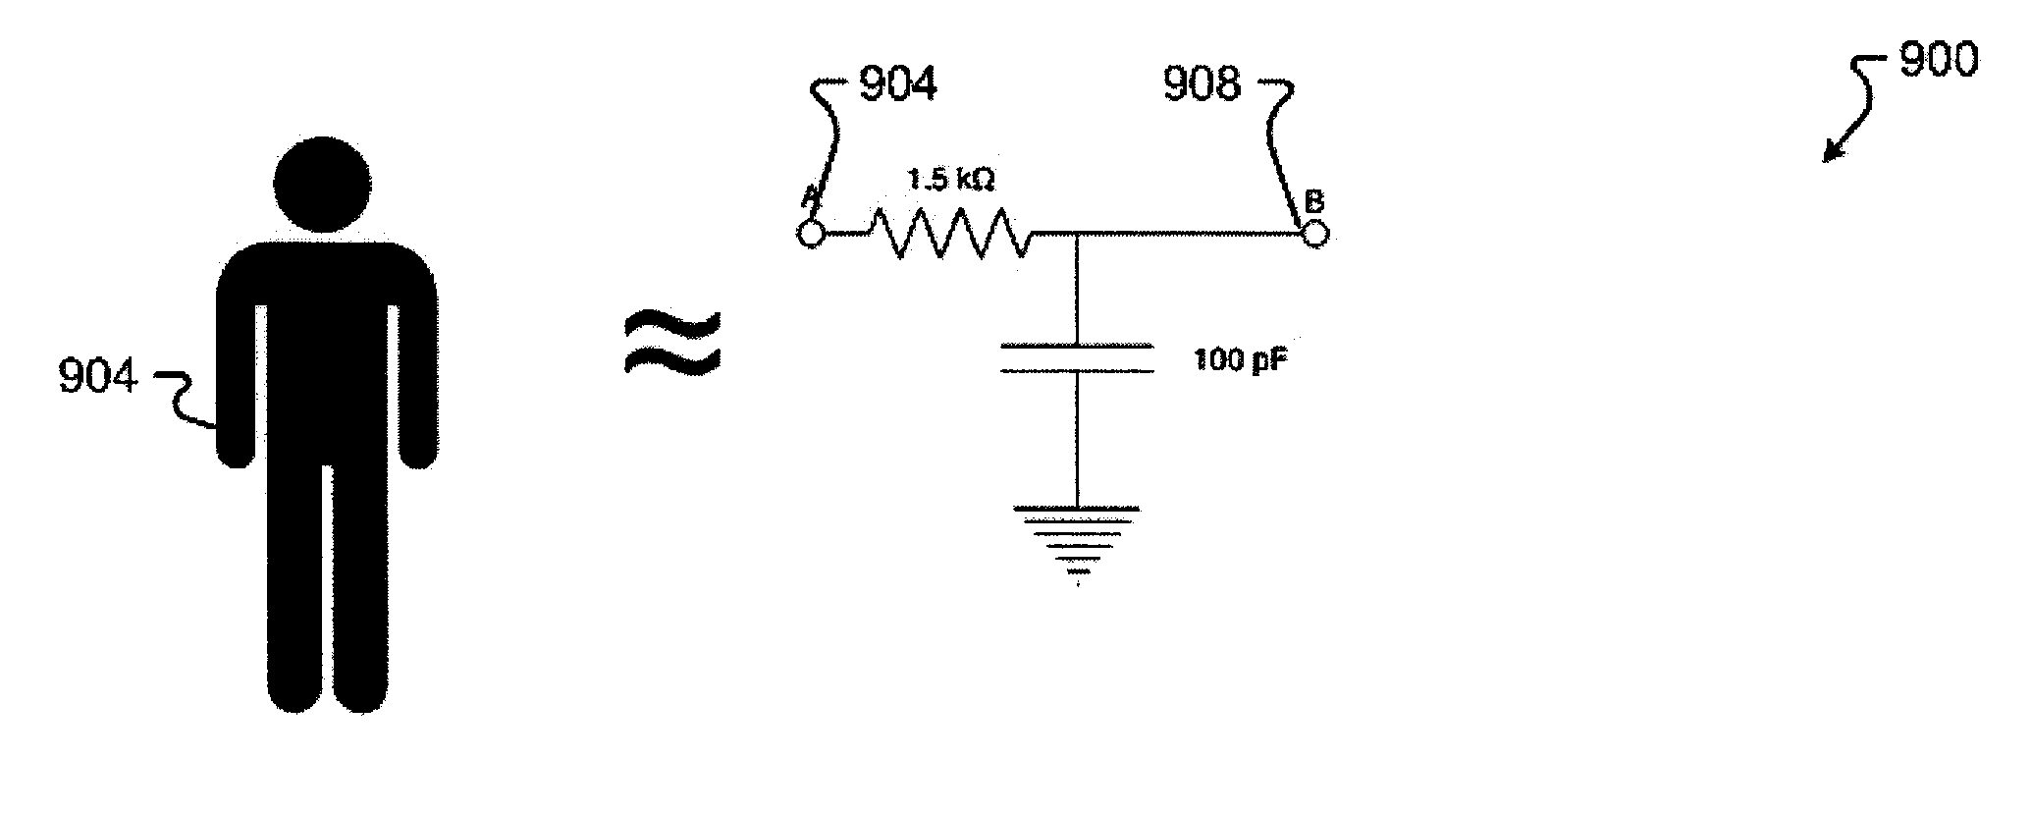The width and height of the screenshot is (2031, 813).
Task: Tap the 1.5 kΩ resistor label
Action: tap(951, 180)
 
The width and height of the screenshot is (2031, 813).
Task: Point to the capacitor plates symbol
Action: tap(1077, 357)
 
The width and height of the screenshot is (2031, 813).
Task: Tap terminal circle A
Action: tap(810, 235)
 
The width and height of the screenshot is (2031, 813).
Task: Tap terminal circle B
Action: tap(1314, 234)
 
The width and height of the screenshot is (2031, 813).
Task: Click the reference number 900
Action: tap(1939, 62)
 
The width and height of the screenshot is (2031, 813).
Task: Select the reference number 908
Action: tap(1202, 84)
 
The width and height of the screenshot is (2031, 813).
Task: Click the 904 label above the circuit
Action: tap(898, 84)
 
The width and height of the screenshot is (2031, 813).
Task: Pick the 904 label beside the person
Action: tap(98, 376)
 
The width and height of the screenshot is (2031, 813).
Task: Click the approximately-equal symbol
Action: tap(672, 342)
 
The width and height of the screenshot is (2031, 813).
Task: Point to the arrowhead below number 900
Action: tap(1831, 152)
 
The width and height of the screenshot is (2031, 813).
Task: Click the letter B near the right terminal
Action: tap(1312, 202)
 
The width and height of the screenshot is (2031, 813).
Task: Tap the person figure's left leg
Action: tap(294, 589)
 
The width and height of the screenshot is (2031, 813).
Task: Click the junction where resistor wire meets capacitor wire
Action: tap(1078, 235)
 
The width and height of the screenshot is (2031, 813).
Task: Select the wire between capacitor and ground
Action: tap(1078, 442)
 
